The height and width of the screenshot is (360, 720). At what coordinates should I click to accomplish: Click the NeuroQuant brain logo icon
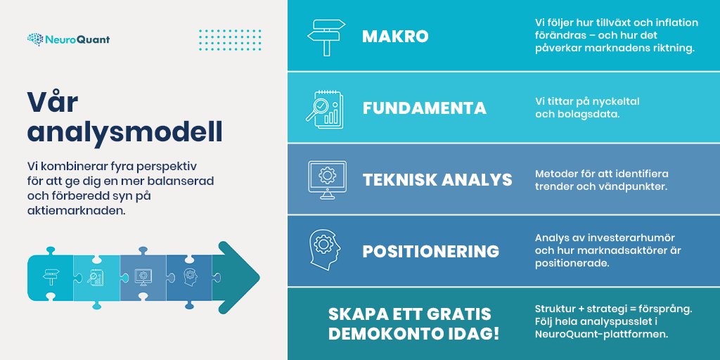click(x=35, y=39)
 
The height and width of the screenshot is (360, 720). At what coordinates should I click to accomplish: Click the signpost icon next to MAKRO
click(x=326, y=37)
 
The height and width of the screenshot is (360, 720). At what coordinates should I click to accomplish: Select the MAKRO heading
click(x=395, y=37)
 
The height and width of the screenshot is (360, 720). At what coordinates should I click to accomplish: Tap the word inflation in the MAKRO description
click(x=674, y=22)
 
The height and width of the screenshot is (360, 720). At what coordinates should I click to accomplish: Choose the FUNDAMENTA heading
click(x=424, y=108)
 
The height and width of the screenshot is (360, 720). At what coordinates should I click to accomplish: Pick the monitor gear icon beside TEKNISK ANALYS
click(x=326, y=176)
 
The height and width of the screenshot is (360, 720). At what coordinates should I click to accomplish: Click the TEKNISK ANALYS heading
click(x=437, y=179)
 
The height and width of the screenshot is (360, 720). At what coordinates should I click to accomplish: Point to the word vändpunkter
click(x=631, y=186)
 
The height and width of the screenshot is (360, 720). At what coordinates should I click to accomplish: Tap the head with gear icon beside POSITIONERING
click(x=325, y=248)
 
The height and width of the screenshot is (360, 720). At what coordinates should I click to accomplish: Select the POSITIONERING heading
click(x=430, y=251)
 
